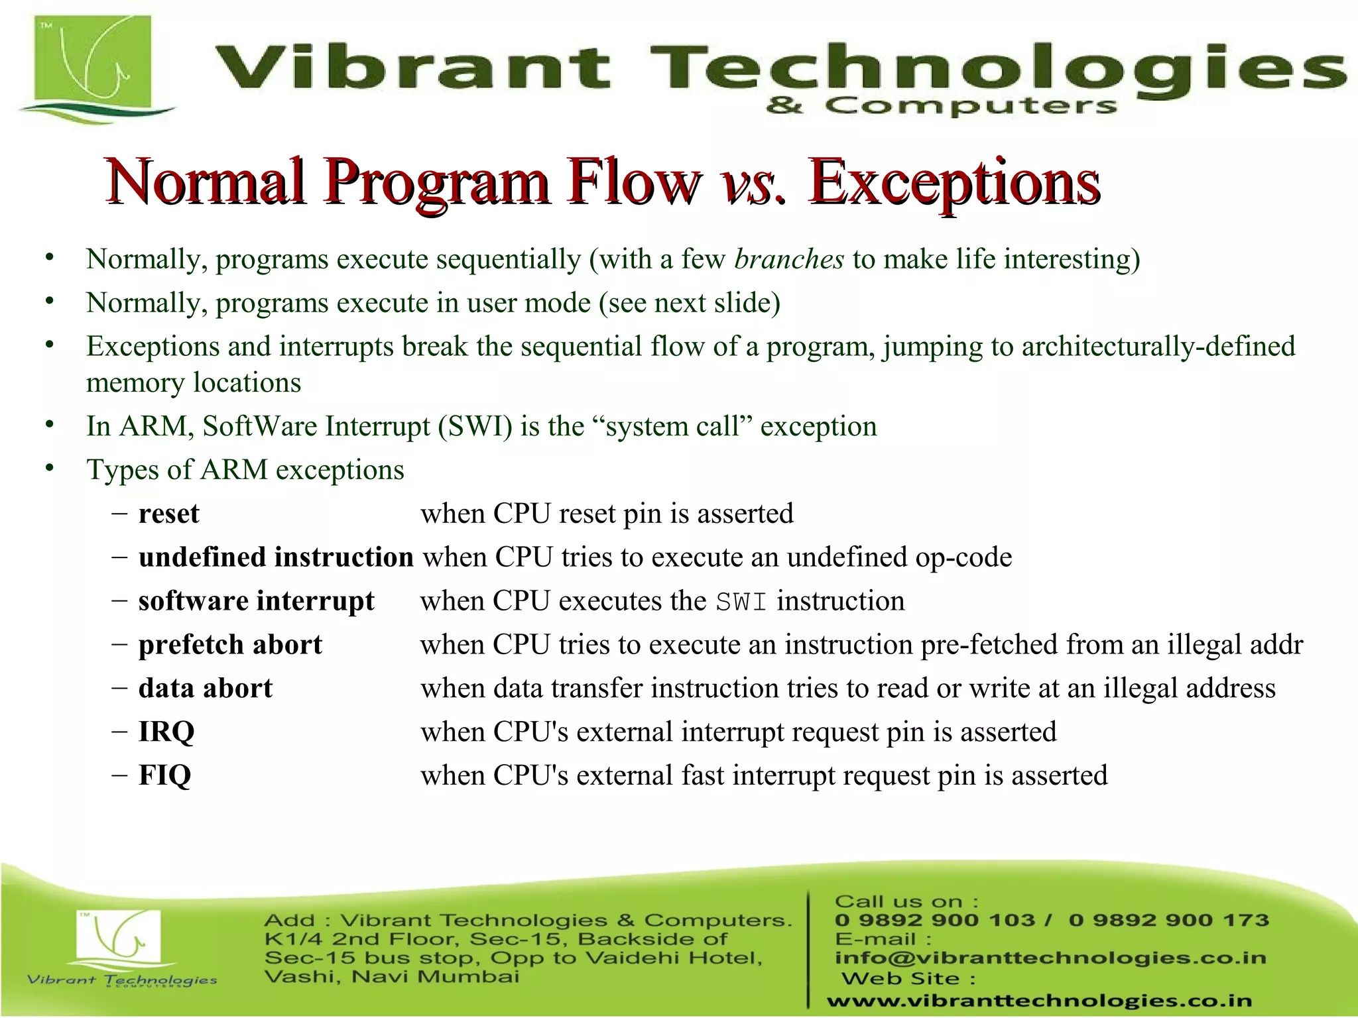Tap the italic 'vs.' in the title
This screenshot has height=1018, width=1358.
coord(752,182)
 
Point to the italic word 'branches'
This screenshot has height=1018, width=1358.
coord(789,259)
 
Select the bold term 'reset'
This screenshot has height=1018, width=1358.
coord(168,514)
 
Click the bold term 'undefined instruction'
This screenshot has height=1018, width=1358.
coord(276,557)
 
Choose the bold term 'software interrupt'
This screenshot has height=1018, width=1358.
coord(256,601)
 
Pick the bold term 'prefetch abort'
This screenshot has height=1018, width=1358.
coord(230,645)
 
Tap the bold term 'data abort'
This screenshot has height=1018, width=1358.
coord(205,689)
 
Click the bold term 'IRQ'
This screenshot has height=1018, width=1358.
coord(166,732)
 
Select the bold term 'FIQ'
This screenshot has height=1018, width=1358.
coord(164,775)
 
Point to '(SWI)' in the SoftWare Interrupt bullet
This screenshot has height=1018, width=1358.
coord(475,426)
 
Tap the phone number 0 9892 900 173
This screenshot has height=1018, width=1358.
coord(1168,920)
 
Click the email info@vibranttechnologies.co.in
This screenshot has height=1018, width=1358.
coord(1050,958)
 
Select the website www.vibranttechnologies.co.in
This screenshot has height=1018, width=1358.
coord(1039,1001)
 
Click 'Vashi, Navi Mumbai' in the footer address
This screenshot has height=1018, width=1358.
coord(391,976)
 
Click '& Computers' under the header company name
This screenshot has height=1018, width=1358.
coord(941,105)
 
